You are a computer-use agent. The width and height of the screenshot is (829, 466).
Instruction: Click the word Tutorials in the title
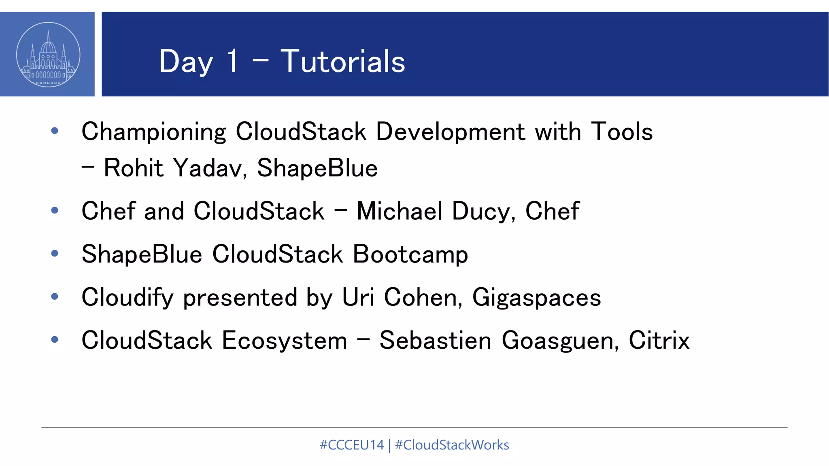pos(342,61)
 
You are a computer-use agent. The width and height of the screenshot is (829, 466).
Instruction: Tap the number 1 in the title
pos(232,61)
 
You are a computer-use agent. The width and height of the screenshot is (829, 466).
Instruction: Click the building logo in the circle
pos(48,55)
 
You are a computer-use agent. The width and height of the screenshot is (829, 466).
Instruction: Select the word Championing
pos(154,132)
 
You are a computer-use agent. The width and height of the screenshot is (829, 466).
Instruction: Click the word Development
pos(450,132)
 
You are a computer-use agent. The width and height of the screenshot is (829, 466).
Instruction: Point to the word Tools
pos(622,132)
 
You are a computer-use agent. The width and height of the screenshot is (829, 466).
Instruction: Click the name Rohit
pos(134,168)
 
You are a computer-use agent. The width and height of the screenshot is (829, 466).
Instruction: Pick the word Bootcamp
pos(410,255)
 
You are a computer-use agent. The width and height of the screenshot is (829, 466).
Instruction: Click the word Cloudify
pos(128,298)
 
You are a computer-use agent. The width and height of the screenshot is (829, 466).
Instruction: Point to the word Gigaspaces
pos(536,298)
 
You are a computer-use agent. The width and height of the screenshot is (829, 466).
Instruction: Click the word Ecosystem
pos(285,341)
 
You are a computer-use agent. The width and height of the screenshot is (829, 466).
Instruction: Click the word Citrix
pos(659,341)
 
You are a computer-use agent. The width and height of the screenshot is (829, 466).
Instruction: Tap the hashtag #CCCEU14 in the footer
pos(351,445)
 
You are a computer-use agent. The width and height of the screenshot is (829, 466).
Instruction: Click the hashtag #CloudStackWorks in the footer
pos(452,445)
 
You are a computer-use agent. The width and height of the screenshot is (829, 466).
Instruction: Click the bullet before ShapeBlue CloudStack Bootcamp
pos(55,254)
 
